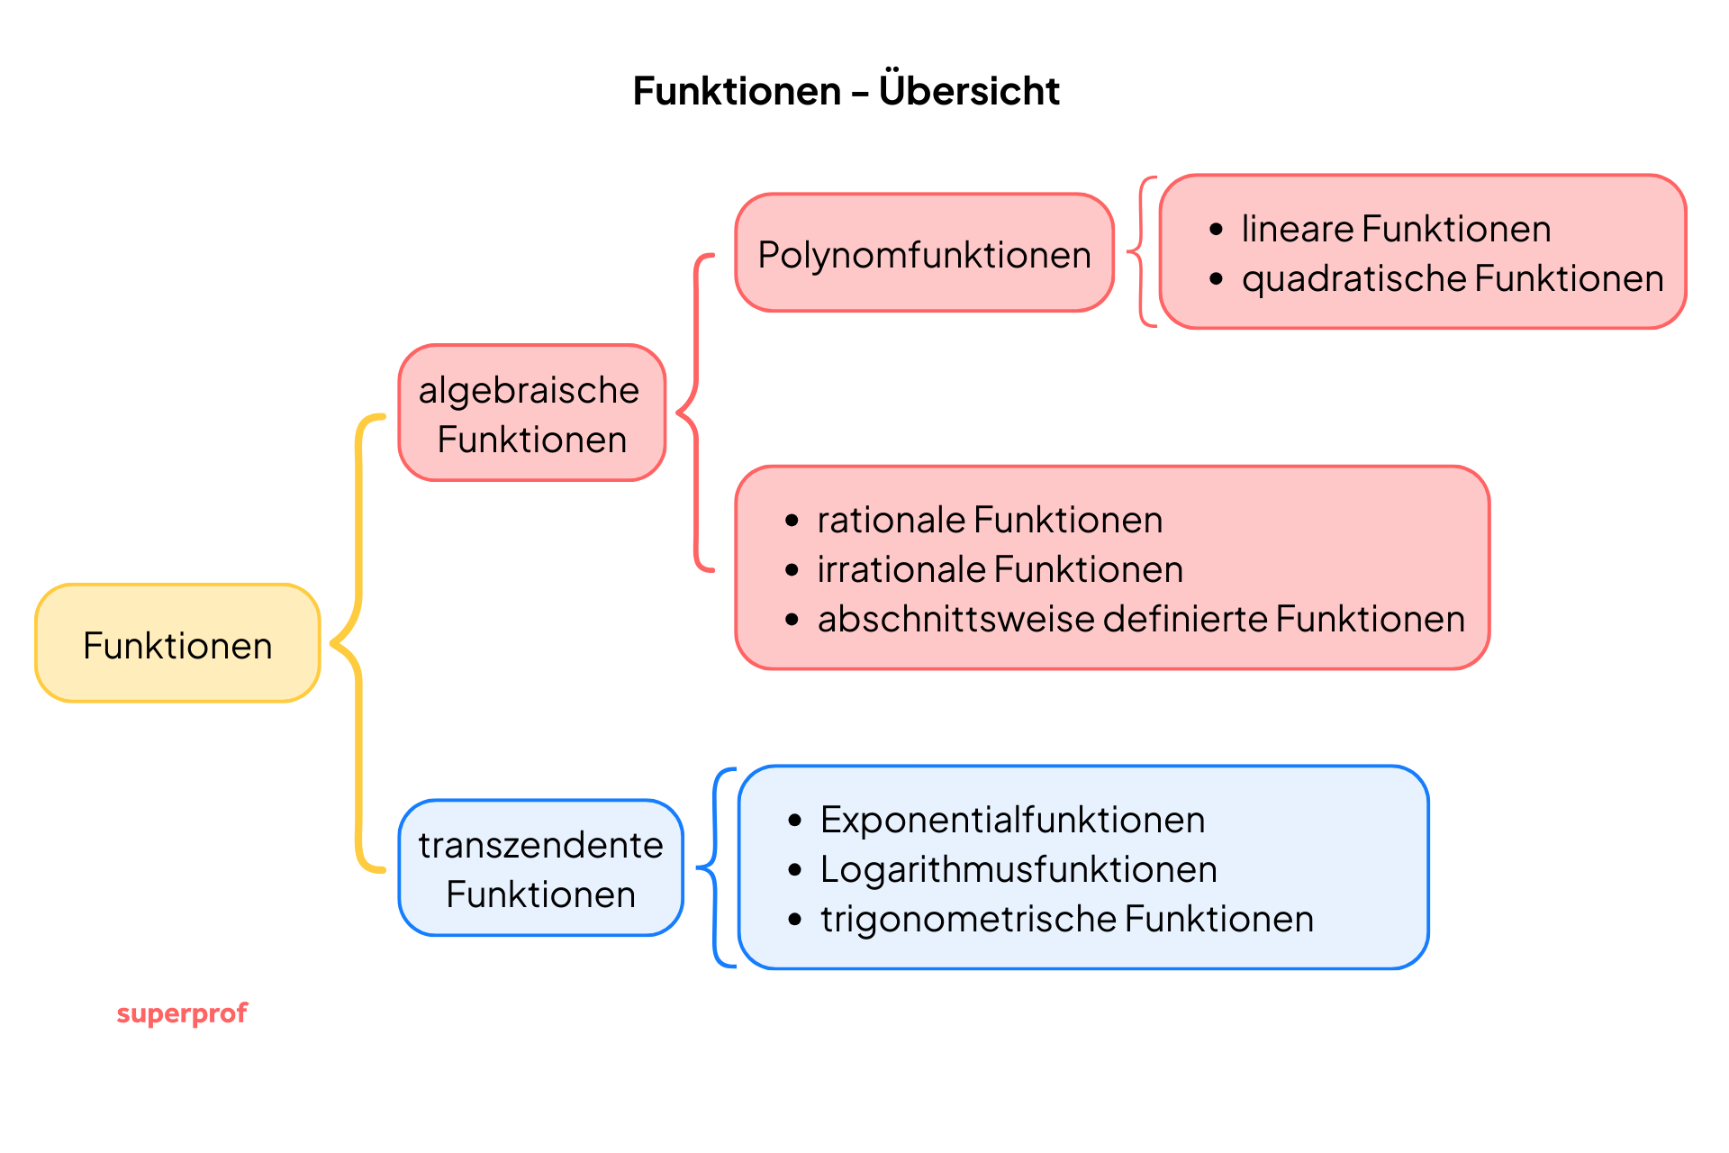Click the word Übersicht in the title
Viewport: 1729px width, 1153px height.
tap(969, 91)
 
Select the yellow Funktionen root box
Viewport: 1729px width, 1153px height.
tap(177, 644)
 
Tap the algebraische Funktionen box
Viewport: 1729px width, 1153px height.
tap(531, 413)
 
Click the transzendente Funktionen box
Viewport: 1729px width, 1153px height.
tap(540, 868)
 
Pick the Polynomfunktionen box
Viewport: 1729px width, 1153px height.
tap(924, 254)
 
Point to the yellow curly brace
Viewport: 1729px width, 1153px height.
tap(358, 643)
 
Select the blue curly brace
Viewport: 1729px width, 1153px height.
tap(716, 868)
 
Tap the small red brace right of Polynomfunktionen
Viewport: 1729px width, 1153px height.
tap(1141, 252)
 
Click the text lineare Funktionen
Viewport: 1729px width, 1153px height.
tap(1395, 229)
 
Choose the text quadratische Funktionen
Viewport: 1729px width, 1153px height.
tap(1452, 278)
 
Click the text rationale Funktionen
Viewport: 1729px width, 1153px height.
tap(989, 520)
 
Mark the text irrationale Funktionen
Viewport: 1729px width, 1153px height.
tap(1000, 569)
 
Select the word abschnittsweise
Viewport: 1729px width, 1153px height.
tap(955, 619)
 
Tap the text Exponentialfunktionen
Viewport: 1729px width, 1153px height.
tap(1012, 820)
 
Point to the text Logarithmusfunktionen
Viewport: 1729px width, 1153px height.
tap(1018, 869)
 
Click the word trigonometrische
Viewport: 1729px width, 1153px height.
tap(967, 919)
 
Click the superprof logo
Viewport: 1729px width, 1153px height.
tap(182, 1013)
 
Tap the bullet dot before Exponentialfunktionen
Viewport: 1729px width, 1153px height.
tap(794, 820)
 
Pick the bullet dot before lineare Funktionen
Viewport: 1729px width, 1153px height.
tap(1217, 229)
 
